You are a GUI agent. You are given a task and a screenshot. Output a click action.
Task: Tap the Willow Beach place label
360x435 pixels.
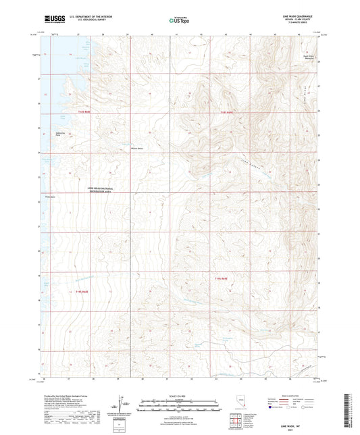click(136, 149)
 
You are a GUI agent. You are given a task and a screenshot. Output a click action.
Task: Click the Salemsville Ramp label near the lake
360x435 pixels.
click(60, 134)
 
